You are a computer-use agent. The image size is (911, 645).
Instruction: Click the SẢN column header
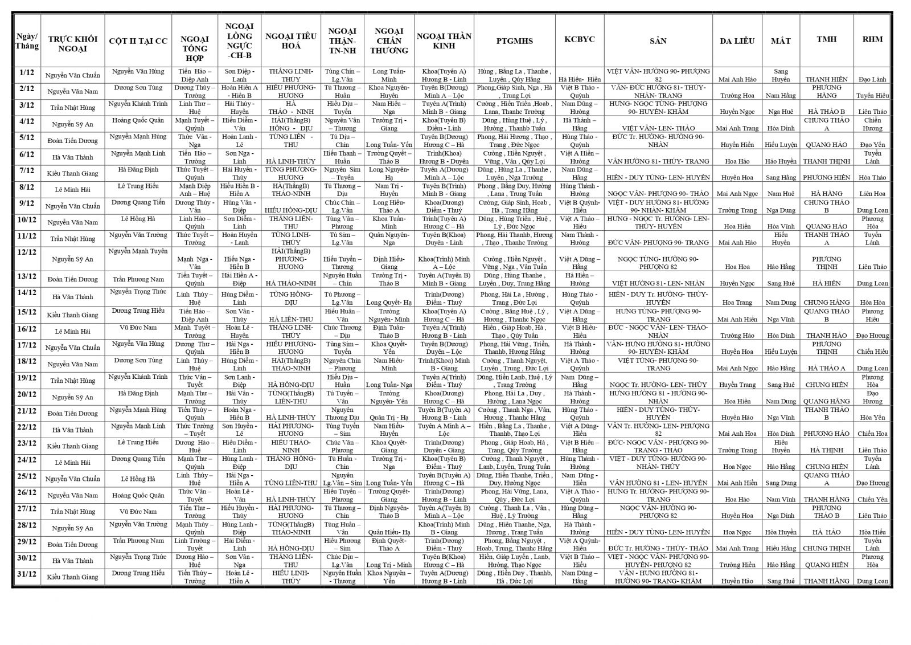point(658,40)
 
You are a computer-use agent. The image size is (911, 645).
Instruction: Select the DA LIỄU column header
point(737,40)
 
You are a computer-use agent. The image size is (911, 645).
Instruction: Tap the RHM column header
point(872,39)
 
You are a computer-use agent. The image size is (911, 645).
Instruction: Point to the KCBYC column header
point(579,39)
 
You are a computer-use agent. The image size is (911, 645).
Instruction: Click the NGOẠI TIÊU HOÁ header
point(290,40)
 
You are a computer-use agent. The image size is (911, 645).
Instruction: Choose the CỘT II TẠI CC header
point(138,40)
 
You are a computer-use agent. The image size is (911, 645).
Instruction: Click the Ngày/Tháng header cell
point(27,40)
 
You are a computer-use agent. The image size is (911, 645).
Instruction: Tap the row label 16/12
point(27,329)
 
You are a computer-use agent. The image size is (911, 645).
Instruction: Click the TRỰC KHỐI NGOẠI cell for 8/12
point(72,189)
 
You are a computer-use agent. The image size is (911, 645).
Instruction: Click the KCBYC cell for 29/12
point(579,544)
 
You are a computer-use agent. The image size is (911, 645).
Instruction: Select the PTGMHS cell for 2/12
point(514,91)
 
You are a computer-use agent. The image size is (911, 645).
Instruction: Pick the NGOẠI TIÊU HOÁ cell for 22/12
point(290,430)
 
